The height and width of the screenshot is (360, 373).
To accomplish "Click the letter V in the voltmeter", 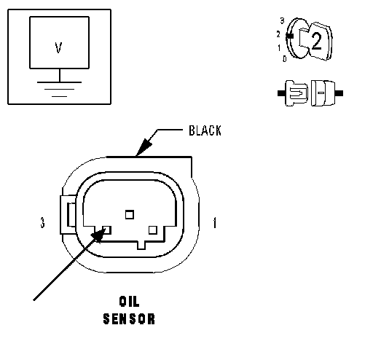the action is pyautogui.click(x=58, y=47).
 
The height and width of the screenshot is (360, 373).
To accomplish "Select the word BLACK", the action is pyautogui.click(x=205, y=130).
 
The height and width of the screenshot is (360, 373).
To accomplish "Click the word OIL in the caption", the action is pyautogui.click(x=129, y=302).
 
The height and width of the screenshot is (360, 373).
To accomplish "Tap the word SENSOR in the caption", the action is pyautogui.click(x=129, y=318).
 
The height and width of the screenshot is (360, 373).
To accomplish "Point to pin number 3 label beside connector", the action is pyautogui.click(x=42, y=222).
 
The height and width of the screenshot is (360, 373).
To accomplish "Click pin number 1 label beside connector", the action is pyautogui.click(x=214, y=222).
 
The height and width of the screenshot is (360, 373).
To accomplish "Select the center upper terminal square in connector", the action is pyautogui.click(x=130, y=214).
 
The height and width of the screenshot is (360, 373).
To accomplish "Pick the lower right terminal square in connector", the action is pyautogui.click(x=153, y=230).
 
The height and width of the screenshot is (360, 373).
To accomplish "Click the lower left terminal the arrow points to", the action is pyautogui.click(x=107, y=230).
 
